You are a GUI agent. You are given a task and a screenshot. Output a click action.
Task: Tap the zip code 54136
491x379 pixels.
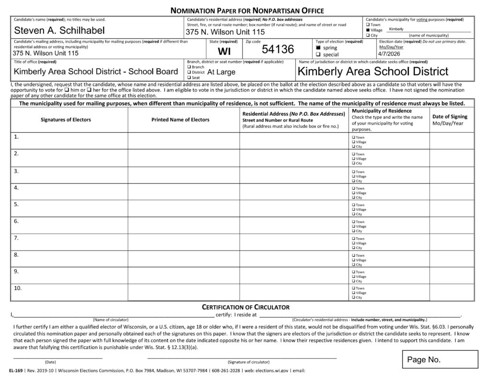(x=278, y=49)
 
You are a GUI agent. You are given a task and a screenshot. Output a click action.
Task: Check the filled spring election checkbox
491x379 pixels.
(x=318, y=48)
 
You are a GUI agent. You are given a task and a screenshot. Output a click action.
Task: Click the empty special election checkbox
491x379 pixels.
(x=318, y=55)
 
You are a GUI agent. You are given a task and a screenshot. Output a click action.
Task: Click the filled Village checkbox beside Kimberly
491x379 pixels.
(x=368, y=30)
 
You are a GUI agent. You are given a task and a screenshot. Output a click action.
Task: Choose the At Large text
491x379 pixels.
(x=221, y=72)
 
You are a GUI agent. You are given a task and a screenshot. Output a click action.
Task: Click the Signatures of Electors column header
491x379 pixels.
(x=66, y=119)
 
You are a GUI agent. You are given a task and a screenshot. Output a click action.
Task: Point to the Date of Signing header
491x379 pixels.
(x=450, y=119)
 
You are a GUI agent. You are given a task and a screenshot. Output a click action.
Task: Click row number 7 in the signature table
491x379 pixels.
(x=16, y=238)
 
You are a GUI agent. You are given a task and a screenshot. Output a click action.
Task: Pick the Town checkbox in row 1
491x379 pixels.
(x=354, y=138)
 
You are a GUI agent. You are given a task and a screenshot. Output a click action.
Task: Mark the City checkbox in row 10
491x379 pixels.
(x=354, y=298)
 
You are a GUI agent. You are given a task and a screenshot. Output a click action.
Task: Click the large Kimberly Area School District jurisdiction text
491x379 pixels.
(x=373, y=71)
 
